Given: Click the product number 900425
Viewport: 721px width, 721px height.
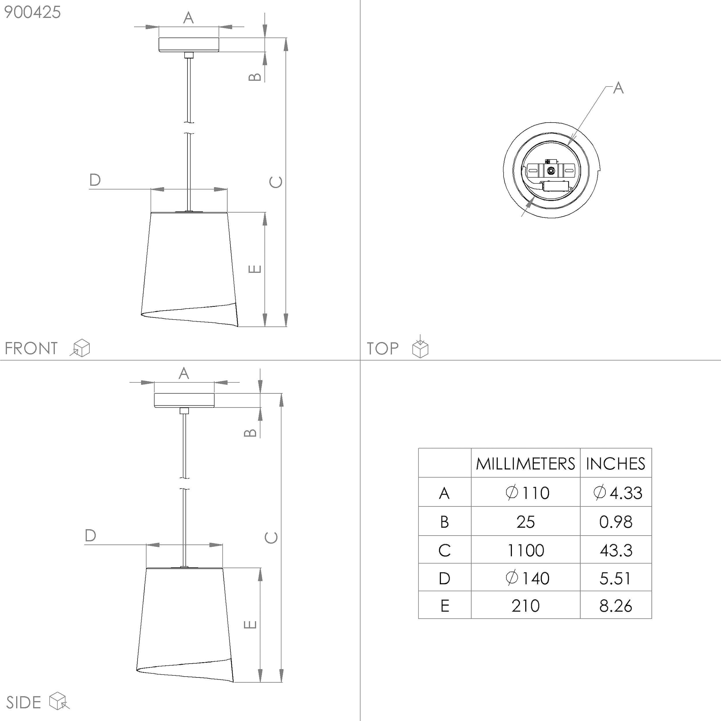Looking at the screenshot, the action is point(32,12).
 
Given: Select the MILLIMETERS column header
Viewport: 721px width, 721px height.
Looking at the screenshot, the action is point(525,464).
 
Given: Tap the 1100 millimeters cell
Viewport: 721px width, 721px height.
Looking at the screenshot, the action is point(525,550).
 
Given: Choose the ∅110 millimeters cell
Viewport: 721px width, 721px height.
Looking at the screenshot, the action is point(527,493).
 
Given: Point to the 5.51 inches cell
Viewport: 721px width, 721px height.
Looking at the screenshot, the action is point(615,578).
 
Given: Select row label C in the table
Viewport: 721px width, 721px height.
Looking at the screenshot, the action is point(445,550).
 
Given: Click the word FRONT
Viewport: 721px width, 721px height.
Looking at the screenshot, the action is point(31,348).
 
